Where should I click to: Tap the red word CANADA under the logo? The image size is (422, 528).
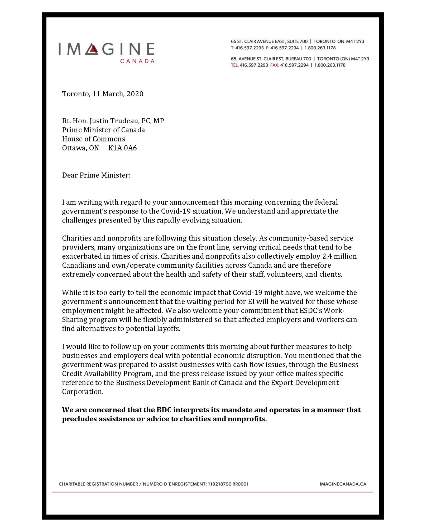coord(137,61)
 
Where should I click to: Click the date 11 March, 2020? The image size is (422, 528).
coord(118,94)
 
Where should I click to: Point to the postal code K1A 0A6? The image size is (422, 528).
coord(122,148)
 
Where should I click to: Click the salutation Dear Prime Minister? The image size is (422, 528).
coord(96,175)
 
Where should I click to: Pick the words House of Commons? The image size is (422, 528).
coord(94,139)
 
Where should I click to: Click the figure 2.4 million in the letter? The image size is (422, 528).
coord(339,256)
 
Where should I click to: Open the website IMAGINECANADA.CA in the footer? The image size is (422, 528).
coord(343,484)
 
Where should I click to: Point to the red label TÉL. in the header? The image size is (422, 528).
coord(234,65)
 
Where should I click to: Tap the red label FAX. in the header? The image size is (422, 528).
coord(274,65)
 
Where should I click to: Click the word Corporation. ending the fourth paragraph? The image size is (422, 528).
coord(83,392)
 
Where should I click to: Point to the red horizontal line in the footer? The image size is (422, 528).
coord(212,492)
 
